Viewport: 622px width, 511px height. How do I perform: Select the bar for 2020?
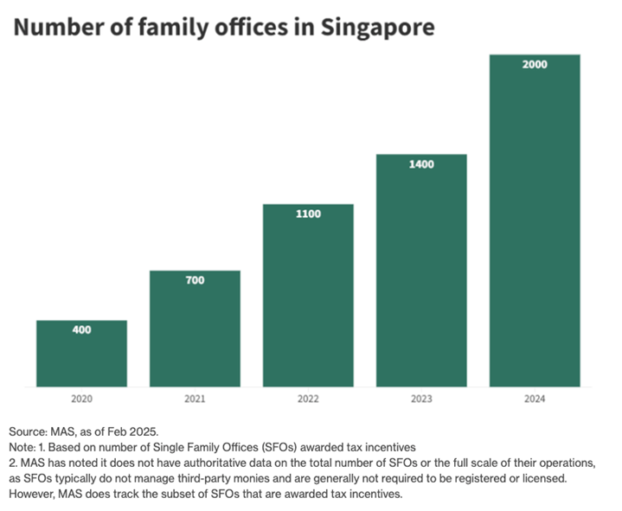pos(81,355)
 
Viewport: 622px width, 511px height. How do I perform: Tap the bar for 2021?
pos(195,329)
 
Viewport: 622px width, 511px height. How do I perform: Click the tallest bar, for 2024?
pos(535,221)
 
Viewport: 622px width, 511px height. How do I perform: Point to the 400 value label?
pos(81,330)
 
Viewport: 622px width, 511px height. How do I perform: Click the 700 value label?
pos(195,280)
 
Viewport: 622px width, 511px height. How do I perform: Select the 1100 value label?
pos(308,214)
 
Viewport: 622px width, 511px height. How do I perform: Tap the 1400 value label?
pos(421,163)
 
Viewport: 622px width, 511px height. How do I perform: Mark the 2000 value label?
pos(535,64)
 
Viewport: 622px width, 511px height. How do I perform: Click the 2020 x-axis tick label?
pos(81,399)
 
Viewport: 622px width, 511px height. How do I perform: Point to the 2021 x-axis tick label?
pos(195,399)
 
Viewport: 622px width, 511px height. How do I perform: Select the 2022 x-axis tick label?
pos(308,399)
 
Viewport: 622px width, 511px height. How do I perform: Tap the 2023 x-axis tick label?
pos(421,399)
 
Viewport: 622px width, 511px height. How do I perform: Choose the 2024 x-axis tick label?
pos(535,399)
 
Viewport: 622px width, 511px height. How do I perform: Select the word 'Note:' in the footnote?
pos(24,446)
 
